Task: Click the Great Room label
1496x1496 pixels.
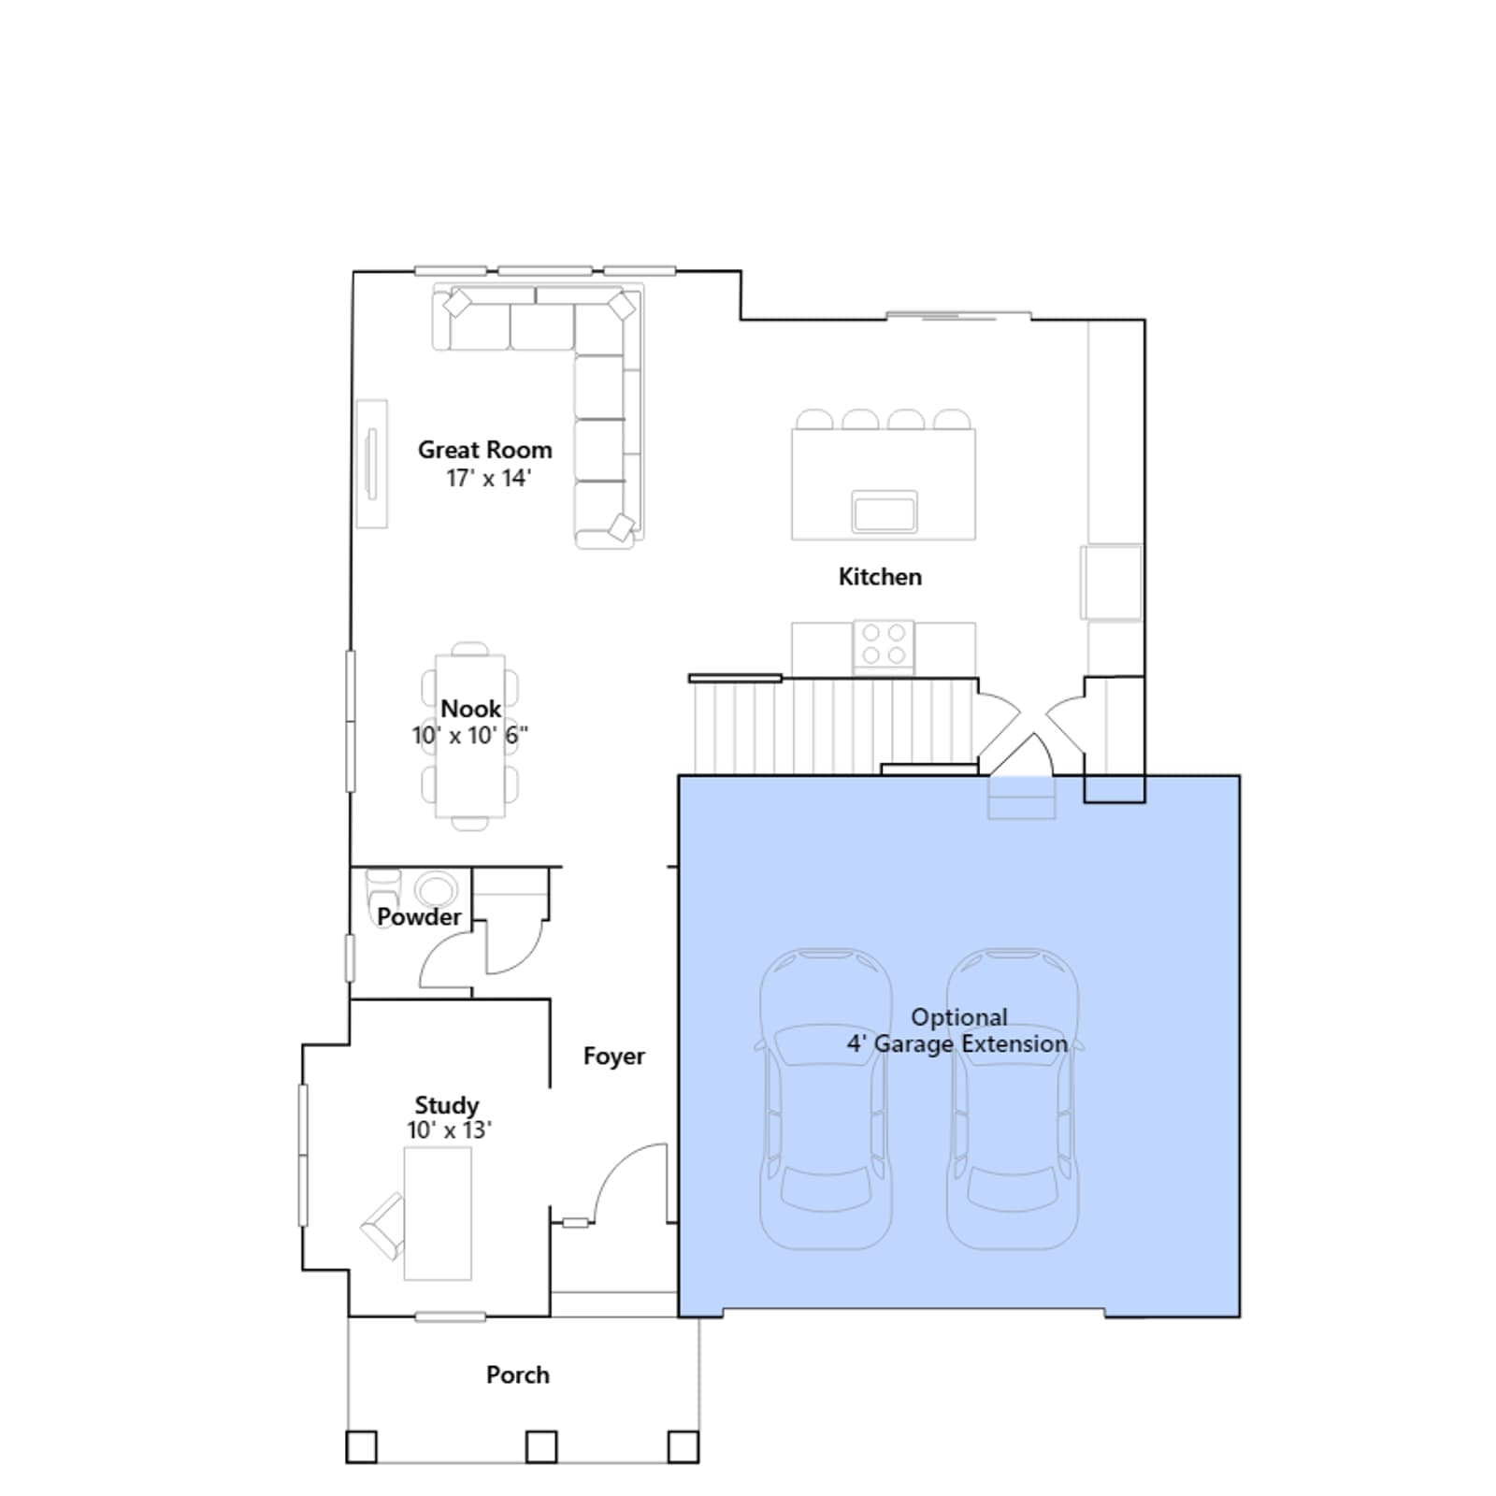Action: (x=484, y=450)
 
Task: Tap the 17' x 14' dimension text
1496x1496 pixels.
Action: (x=488, y=478)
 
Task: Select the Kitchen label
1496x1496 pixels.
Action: (x=880, y=577)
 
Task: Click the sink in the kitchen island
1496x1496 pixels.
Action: (x=884, y=511)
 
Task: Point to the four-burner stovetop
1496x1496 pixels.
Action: (x=884, y=644)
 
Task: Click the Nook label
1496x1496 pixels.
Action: (x=470, y=709)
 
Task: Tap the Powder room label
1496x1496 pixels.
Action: (x=419, y=917)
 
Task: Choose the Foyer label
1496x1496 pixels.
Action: (x=613, y=1057)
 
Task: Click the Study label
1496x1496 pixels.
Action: (x=446, y=1106)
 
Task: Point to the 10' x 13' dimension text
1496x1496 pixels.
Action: (x=449, y=1130)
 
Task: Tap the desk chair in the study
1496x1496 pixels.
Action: (x=383, y=1226)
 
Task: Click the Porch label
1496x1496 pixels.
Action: (x=517, y=1375)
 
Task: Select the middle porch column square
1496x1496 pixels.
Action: (x=541, y=1447)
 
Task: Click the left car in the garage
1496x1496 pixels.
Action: (x=826, y=1100)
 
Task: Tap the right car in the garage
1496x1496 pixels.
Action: (x=1013, y=1100)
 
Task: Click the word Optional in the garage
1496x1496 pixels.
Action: (x=959, y=1017)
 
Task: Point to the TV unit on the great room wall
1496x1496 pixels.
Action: (x=372, y=464)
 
